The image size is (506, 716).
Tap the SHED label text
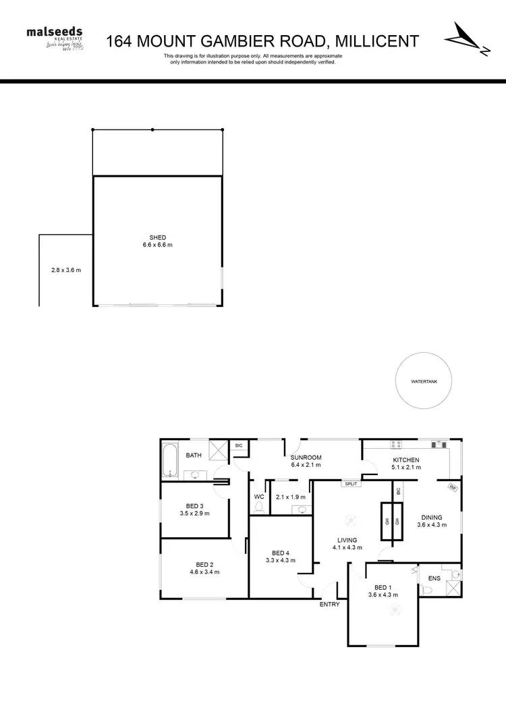click(158, 238)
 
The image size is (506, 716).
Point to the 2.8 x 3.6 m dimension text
click(65, 271)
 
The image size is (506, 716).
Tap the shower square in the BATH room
click(218, 450)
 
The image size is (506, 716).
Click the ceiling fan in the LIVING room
click(350, 519)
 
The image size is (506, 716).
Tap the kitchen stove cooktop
click(397, 445)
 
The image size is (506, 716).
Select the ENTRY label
click(330, 604)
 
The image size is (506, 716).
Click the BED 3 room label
click(195, 505)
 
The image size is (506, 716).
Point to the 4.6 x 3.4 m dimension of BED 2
click(204, 572)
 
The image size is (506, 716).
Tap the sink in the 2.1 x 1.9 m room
click(302, 510)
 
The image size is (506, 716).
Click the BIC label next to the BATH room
click(238, 445)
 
